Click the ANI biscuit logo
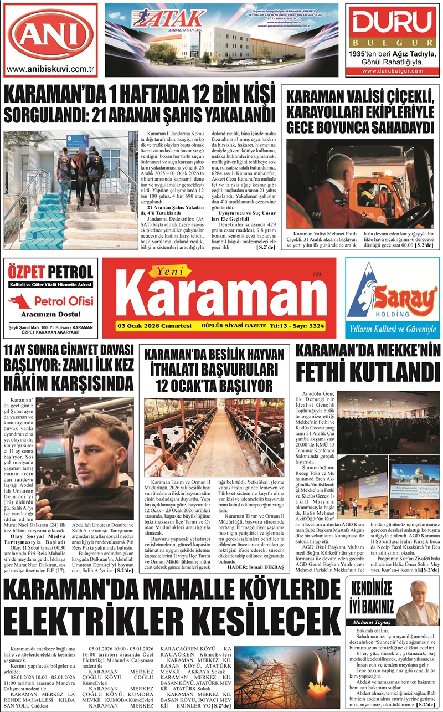coord(51,34)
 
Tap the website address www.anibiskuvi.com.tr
coord(51,70)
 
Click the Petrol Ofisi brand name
coord(60,301)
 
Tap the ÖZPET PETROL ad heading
coord(51,272)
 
